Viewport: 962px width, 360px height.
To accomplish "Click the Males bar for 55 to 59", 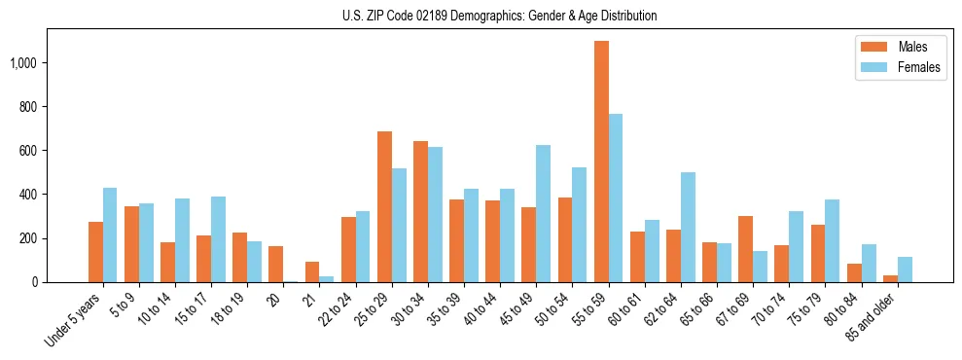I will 601,162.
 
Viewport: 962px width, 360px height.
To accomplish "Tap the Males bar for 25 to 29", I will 384,206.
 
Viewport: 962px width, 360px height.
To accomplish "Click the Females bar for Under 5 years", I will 110,234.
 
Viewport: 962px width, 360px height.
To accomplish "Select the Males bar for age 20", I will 276,264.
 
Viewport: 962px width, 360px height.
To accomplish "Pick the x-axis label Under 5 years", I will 75,320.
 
